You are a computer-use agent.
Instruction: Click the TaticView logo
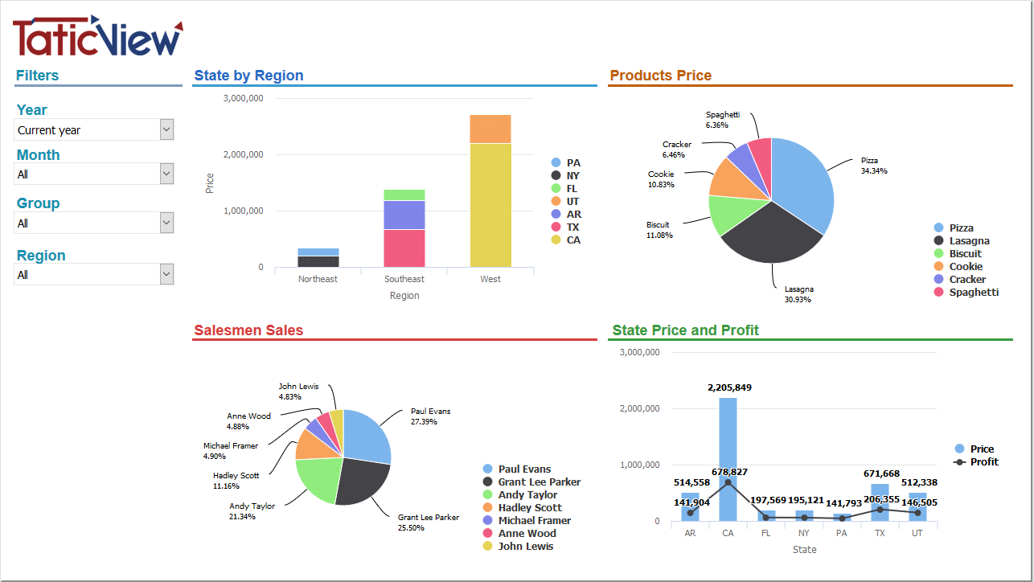97,36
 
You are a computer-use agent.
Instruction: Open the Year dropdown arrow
166,129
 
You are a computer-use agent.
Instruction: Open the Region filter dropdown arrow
166,274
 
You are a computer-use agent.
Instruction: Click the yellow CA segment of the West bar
490,205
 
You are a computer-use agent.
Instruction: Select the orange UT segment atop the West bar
490,129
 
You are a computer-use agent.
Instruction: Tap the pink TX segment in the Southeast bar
404,248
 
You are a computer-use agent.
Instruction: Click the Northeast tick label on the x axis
318,279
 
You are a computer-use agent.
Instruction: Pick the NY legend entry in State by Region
572,175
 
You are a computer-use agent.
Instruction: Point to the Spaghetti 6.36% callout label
722,120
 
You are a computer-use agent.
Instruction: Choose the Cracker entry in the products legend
966,279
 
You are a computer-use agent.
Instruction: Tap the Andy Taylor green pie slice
318,477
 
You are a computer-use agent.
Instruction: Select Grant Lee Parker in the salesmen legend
539,482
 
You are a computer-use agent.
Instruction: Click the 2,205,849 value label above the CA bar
729,387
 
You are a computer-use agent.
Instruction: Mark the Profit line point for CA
728,482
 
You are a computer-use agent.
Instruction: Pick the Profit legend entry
983,461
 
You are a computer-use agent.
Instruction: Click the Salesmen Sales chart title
248,330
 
